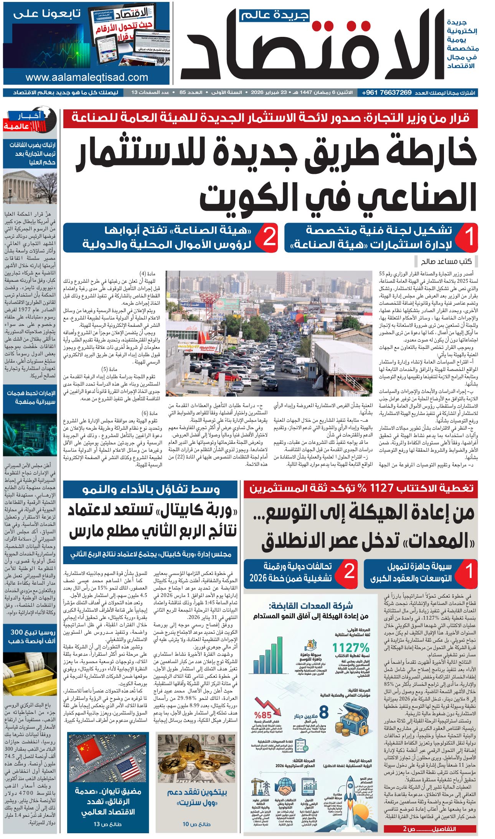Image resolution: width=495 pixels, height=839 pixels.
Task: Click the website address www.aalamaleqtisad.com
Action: (x=87, y=77)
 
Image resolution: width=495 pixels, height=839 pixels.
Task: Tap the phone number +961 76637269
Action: (x=387, y=92)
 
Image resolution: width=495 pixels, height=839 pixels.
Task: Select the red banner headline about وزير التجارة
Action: (x=271, y=118)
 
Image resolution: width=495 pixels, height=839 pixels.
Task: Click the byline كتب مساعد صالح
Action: (x=446, y=261)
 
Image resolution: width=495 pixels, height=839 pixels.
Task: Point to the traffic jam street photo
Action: (x=269, y=333)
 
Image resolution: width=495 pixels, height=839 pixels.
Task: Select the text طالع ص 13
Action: (x=107, y=824)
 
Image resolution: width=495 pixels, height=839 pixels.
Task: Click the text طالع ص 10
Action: (x=196, y=824)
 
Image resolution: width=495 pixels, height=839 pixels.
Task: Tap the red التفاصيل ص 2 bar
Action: (x=430, y=829)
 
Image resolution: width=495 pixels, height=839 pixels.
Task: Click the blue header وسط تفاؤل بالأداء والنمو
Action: (x=151, y=489)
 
